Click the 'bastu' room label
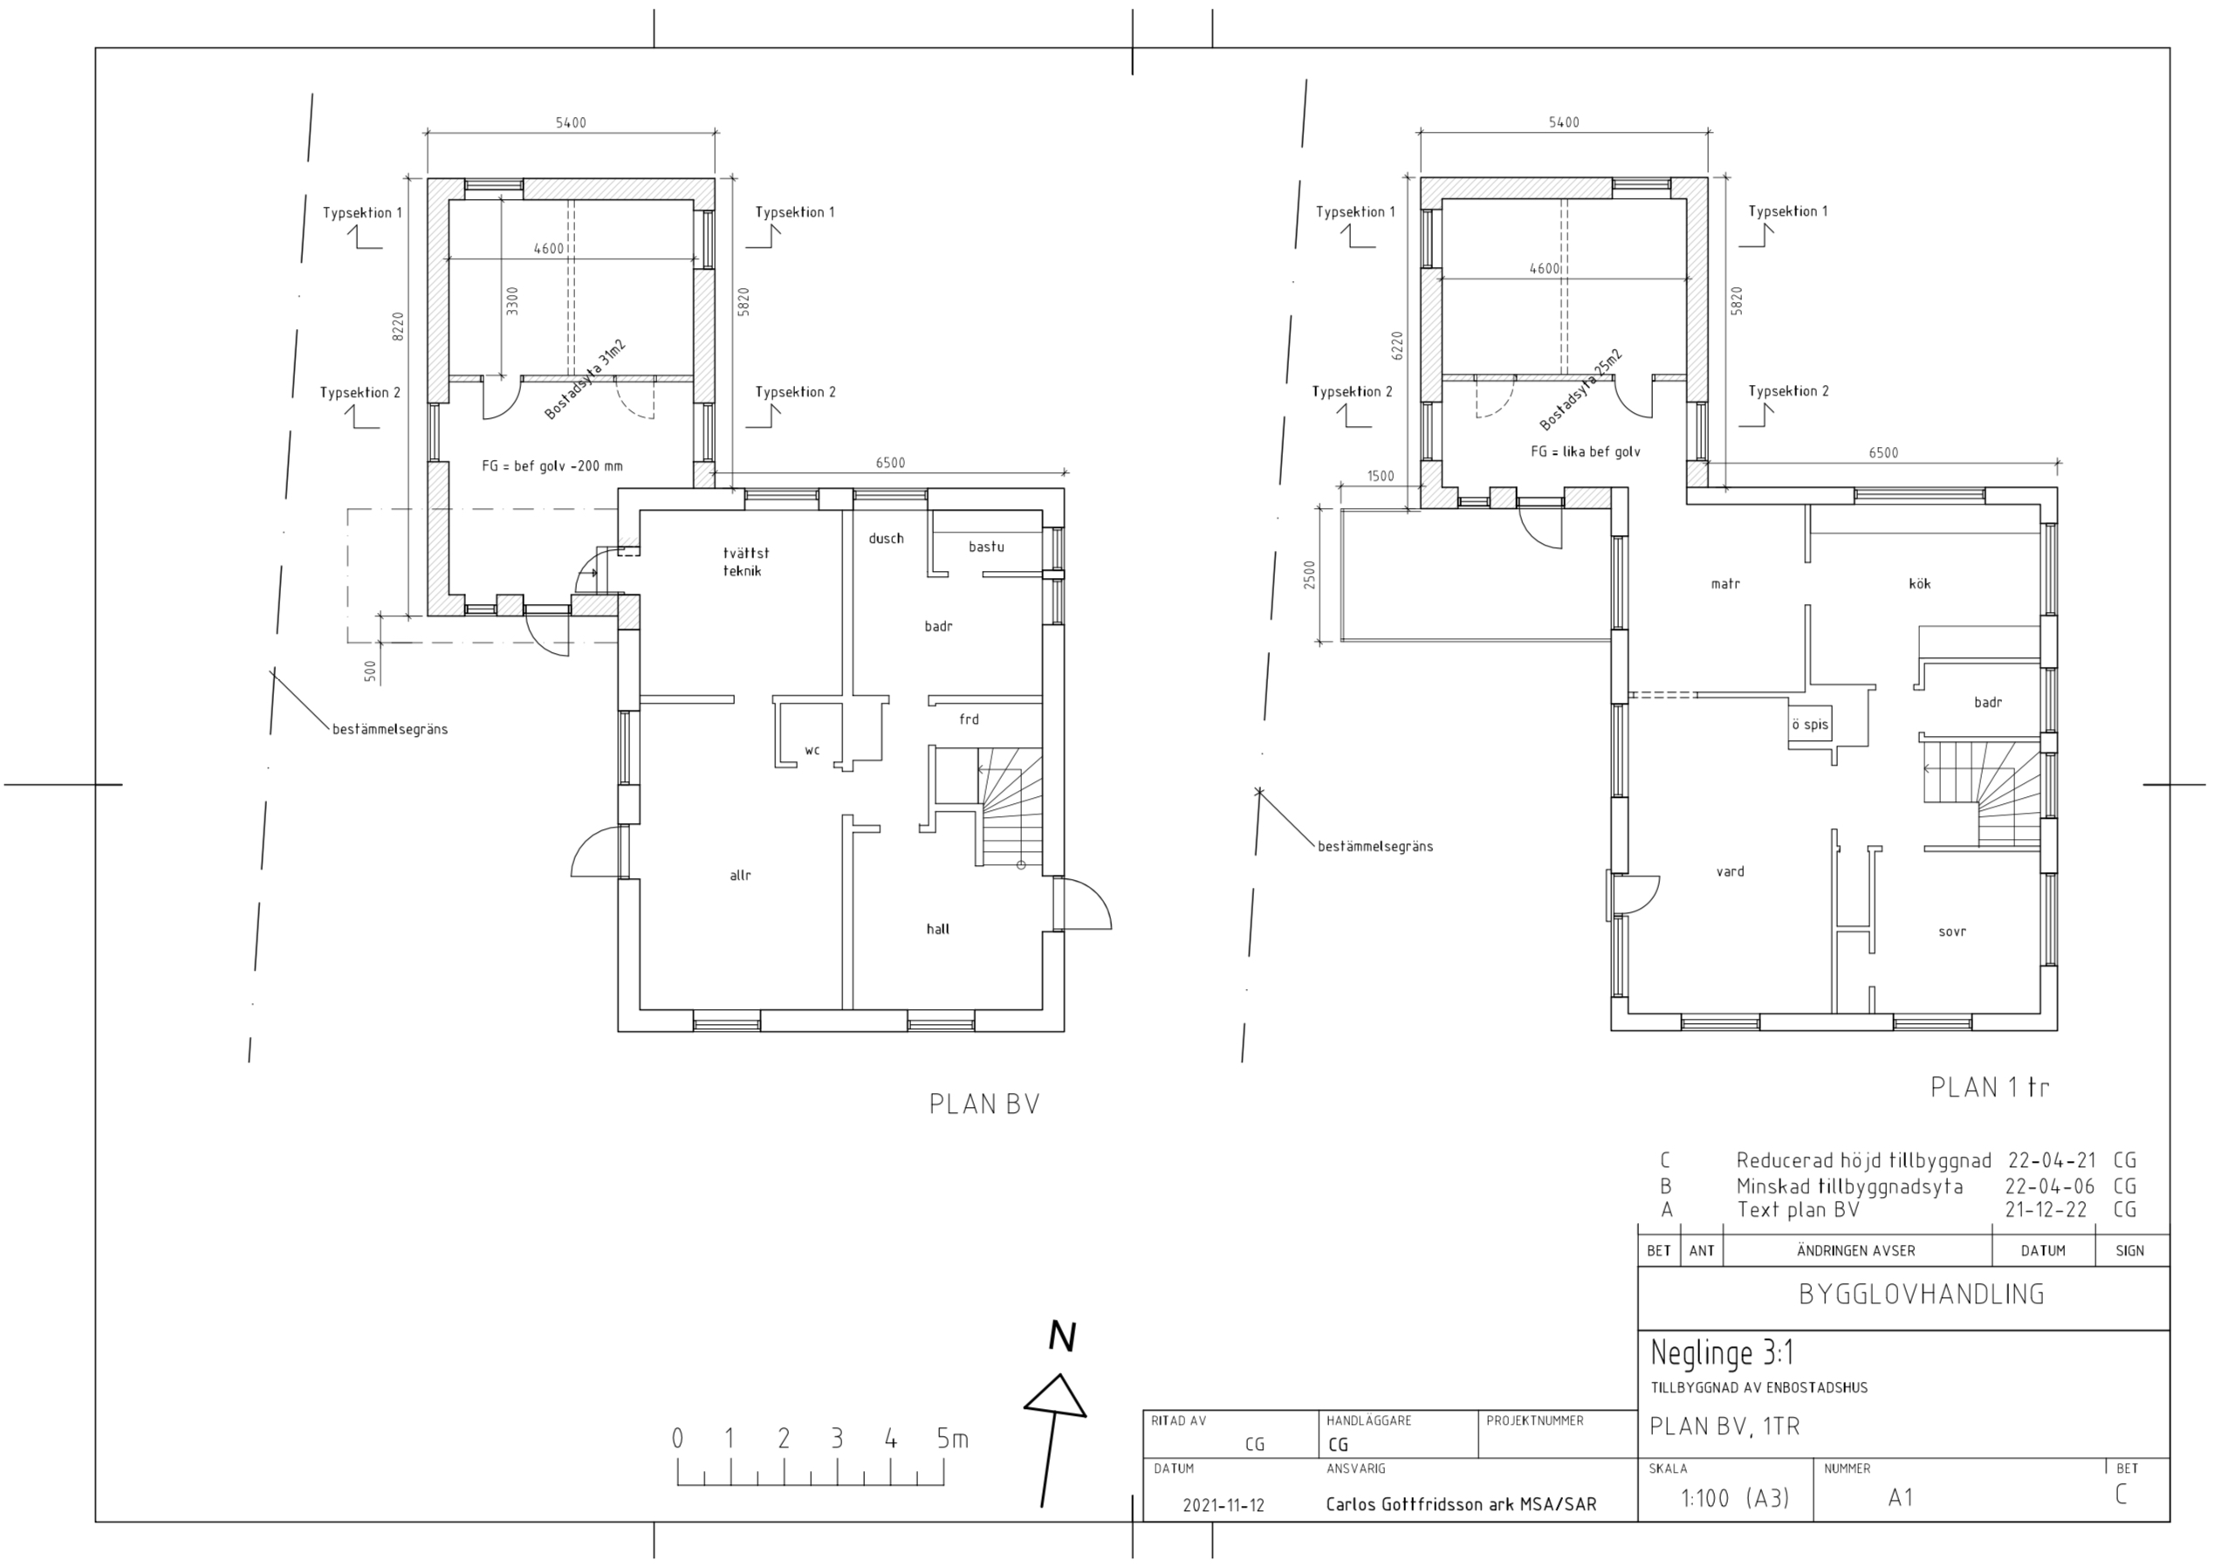coord(986,547)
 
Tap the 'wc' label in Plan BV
coord(813,750)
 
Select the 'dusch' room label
coord(886,539)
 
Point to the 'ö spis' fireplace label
coord(1810,725)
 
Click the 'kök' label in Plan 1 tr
coord(1920,584)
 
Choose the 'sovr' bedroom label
coord(1952,932)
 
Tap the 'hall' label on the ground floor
coord(937,929)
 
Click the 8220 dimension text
coord(397,326)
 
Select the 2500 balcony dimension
coord(1309,575)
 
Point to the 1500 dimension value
coord(1381,476)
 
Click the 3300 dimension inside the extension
coord(512,300)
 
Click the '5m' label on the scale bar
coord(952,1439)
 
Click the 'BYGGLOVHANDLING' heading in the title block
coord(1922,1295)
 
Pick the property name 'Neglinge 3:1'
coord(1722,1353)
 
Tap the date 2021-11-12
coord(1224,1505)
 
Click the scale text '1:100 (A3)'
coord(1735,1499)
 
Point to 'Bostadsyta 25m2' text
coord(1581,390)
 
